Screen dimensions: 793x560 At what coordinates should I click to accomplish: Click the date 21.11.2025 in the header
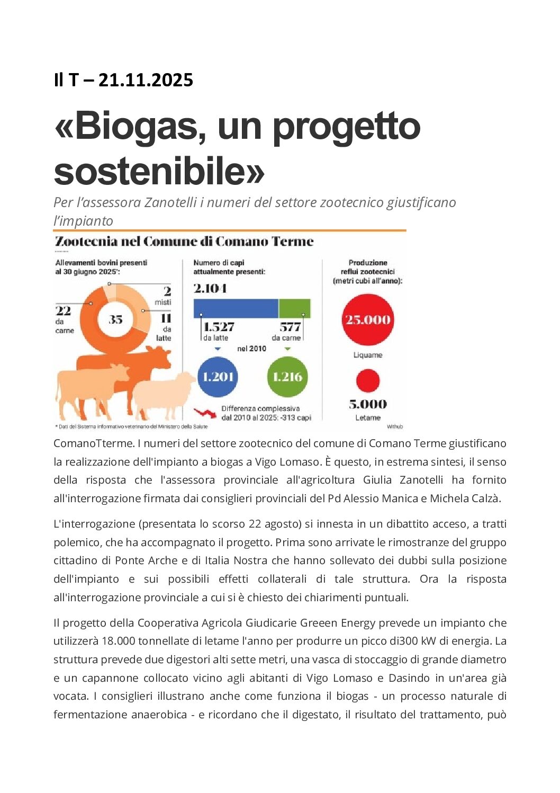(x=146, y=80)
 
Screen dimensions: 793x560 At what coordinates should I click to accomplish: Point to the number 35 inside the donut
(x=115, y=319)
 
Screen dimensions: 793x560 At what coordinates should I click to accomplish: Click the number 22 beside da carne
(x=63, y=311)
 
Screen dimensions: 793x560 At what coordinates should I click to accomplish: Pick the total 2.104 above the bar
(x=210, y=289)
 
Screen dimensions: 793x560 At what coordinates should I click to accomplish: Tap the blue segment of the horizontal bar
(x=236, y=308)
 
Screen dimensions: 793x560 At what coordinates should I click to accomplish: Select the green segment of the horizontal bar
(x=294, y=308)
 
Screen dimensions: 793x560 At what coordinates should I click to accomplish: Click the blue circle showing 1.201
(x=218, y=377)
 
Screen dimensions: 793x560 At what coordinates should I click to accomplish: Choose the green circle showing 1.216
(x=287, y=377)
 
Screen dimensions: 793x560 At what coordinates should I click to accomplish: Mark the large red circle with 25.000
(x=368, y=319)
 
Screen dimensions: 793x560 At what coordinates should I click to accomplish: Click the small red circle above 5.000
(x=368, y=381)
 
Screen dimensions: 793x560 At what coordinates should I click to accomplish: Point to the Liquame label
(x=368, y=355)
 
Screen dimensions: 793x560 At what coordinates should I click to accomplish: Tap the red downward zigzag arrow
(x=205, y=413)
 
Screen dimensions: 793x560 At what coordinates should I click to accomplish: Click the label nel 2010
(x=252, y=349)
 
